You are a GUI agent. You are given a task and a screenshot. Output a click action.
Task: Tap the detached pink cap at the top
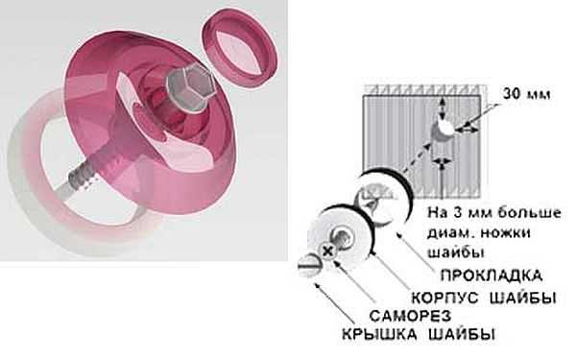pyautogui.click(x=240, y=48)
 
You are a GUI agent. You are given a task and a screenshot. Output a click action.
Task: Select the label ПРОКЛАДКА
pyautogui.click(x=492, y=276)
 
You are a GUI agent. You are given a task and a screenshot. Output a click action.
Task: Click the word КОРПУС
pyautogui.click(x=444, y=298)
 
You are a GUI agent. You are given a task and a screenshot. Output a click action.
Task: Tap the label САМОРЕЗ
pyautogui.click(x=410, y=316)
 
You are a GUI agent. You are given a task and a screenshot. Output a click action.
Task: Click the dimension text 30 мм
pyautogui.click(x=526, y=94)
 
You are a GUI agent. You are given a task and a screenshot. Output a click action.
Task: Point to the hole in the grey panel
pyautogui.click(x=444, y=130)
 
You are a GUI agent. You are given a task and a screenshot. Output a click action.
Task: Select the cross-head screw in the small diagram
pyautogui.click(x=328, y=252)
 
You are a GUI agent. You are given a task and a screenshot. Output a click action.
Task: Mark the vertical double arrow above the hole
pyautogui.click(x=444, y=108)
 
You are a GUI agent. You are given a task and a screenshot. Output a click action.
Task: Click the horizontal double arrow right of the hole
pyautogui.click(x=468, y=130)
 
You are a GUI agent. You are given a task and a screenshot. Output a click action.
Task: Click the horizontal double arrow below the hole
pyautogui.click(x=443, y=161)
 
